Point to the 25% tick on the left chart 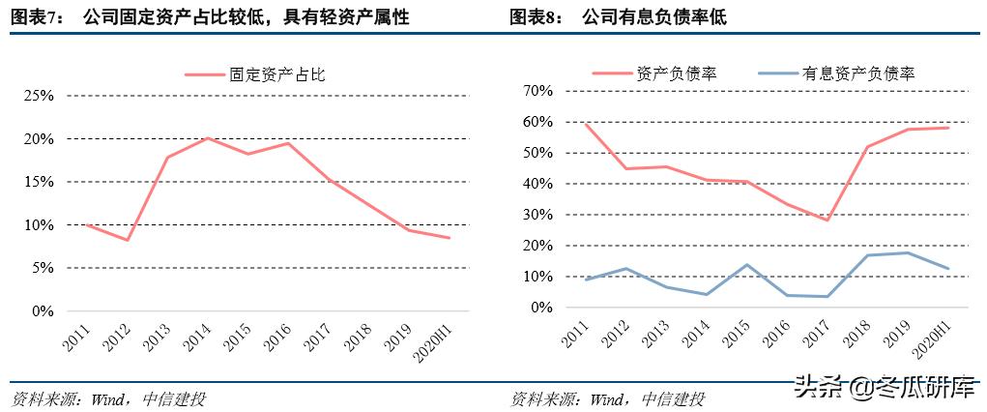[39, 96]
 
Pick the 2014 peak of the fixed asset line [208, 138]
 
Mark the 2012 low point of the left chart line [127, 240]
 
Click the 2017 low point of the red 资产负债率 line [827, 220]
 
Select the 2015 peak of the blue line [746, 264]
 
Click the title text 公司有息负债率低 [653, 17]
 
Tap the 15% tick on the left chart [39, 182]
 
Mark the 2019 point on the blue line [907, 253]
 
